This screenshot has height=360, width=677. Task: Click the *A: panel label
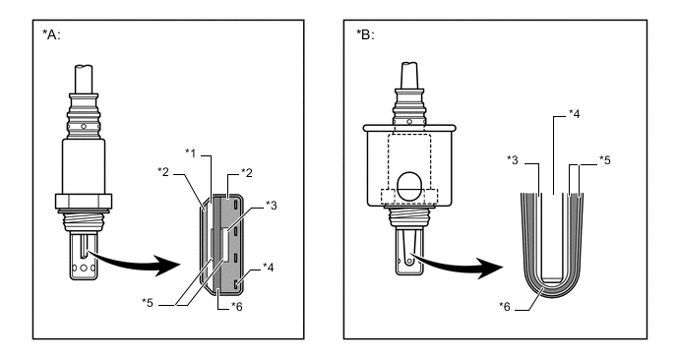click(x=51, y=34)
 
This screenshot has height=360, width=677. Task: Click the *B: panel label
click(x=365, y=34)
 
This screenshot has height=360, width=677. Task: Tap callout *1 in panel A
click(x=191, y=152)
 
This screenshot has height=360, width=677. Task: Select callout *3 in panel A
click(x=272, y=205)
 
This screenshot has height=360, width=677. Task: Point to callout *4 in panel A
click(x=268, y=268)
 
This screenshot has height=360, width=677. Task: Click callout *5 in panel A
click(x=148, y=303)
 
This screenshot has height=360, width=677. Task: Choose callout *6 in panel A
click(x=237, y=306)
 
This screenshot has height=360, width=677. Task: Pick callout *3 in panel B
click(x=513, y=160)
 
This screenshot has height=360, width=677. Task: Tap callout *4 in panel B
click(x=575, y=113)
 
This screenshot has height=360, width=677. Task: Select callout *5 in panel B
click(x=605, y=160)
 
